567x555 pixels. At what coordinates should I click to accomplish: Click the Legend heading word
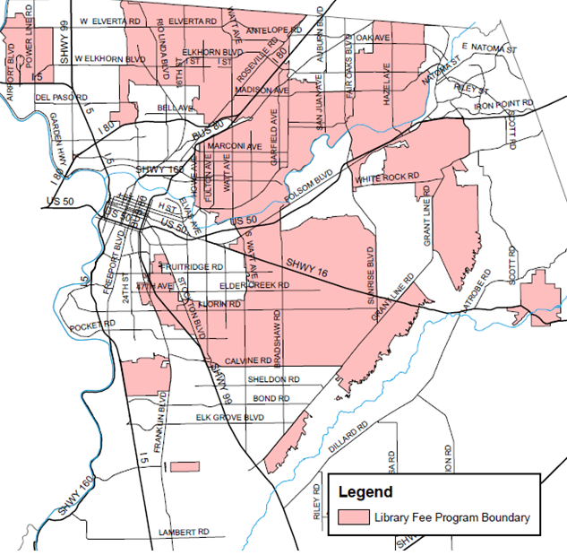(x=365, y=491)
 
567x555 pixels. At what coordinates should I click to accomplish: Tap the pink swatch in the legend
(x=355, y=517)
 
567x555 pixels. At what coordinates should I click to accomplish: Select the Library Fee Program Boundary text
(x=452, y=517)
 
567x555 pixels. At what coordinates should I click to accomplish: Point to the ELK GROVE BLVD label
(x=230, y=417)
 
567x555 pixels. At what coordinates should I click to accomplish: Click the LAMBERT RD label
(x=184, y=533)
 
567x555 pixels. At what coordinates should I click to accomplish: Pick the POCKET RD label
(x=93, y=324)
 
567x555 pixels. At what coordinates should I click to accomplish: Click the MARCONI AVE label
(x=234, y=146)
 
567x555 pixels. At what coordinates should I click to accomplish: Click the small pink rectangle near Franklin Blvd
(x=184, y=467)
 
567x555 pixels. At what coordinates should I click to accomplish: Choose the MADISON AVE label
(x=262, y=91)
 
